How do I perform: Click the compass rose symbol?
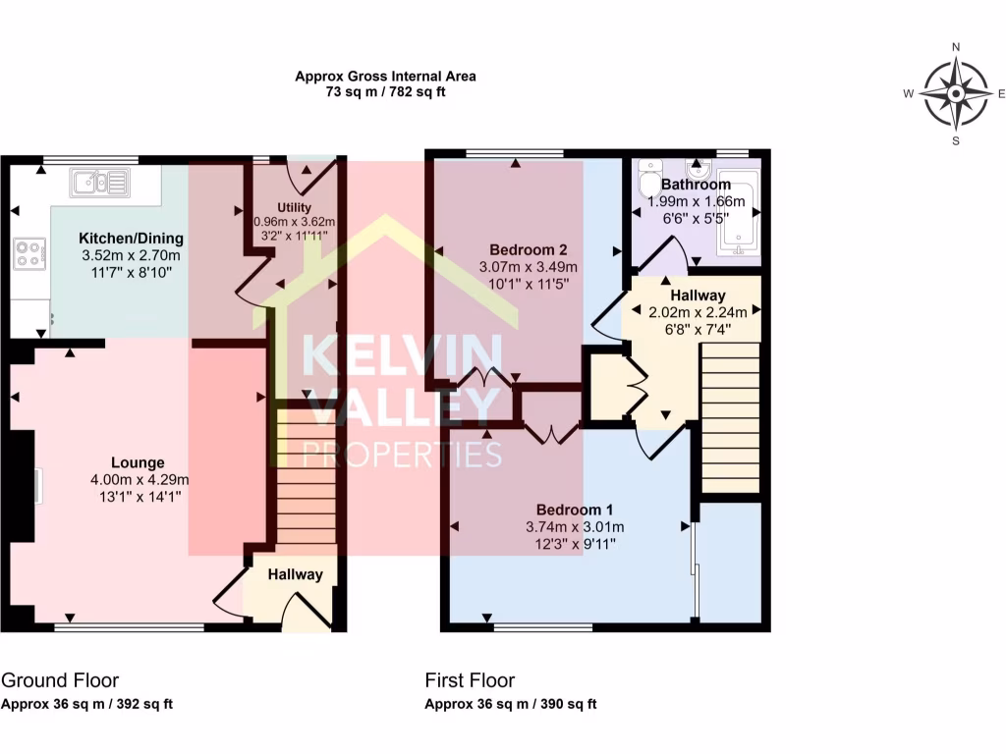tap(955, 94)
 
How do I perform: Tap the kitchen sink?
tap(100, 181)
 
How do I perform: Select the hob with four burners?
tap(28, 254)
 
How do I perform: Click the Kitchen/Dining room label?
tap(131, 239)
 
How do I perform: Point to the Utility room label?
tap(294, 207)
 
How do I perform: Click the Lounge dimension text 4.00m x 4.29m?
tap(138, 480)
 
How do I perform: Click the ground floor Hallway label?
tap(296, 574)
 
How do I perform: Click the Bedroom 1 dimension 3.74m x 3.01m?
tap(575, 527)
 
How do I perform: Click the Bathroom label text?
tap(696, 185)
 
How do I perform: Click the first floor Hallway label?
tap(698, 295)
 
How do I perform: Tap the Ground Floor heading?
tap(60, 680)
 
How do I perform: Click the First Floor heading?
tap(470, 680)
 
